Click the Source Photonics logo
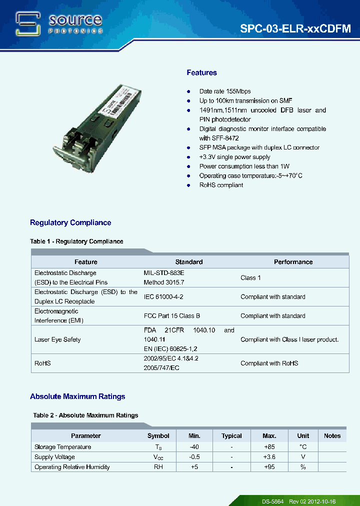click(x=59, y=23)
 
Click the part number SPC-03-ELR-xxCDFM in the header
click(x=295, y=29)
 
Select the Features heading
click(x=201, y=73)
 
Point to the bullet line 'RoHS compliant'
click(x=221, y=185)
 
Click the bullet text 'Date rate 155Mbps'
click(x=225, y=91)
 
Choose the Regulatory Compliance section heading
click(x=70, y=222)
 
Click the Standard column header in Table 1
click(x=189, y=262)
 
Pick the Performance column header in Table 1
click(x=293, y=262)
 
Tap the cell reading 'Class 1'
click(x=250, y=278)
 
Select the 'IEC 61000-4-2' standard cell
click(x=163, y=297)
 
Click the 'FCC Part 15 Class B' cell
click(x=172, y=316)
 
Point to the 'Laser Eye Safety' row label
click(x=57, y=340)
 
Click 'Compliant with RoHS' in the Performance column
click(x=269, y=363)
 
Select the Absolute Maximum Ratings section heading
click(x=77, y=396)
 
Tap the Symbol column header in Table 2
click(x=158, y=436)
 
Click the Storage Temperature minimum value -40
click(x=194, y=447)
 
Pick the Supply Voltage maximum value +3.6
click(x=269, y=457)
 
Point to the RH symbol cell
click(x=158, y=467)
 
